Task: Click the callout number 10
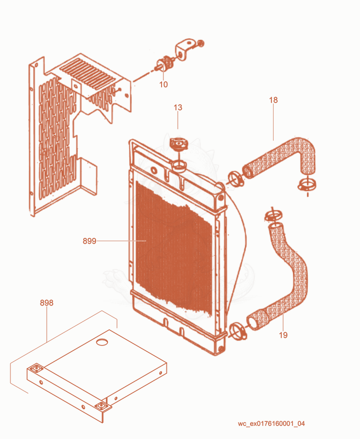tap(163, 84)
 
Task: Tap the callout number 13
tap(178, 107)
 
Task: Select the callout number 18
tap(274, 100)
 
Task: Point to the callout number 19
tap(283, 335)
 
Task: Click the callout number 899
tap(90, 241)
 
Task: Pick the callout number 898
tap(46, 303)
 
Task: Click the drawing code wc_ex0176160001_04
tap(271, 423)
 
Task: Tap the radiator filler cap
tap(179, 144)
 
